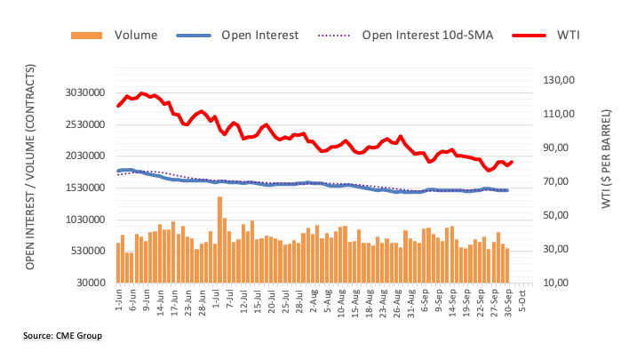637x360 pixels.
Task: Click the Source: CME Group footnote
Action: (x=63, y=335)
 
